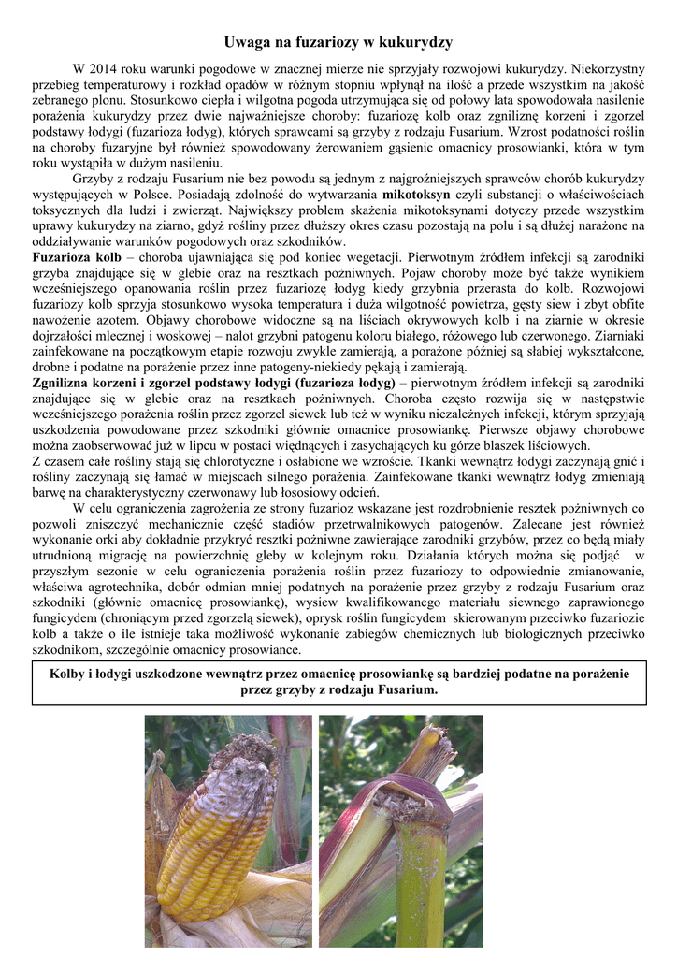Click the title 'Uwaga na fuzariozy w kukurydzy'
(x=338, y=42)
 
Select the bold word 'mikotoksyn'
(x=417, y=194)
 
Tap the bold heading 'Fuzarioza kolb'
(x=77, y=256)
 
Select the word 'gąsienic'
(x=438, y=147)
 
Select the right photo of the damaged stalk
(x=400, y=831)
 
